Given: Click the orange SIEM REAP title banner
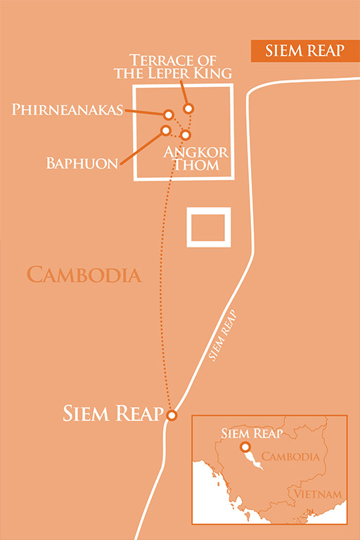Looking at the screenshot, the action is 305,51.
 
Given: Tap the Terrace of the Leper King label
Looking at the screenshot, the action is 173,67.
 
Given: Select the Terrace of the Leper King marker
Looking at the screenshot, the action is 188,108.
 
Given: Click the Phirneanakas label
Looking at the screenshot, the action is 67,110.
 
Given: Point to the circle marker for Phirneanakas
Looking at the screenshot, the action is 169,115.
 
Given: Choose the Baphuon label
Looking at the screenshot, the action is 82,163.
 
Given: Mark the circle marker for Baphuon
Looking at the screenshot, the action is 166,130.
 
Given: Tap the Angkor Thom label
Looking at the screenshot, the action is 196,158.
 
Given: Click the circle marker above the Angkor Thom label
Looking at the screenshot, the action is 186,135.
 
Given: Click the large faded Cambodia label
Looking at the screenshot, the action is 84,275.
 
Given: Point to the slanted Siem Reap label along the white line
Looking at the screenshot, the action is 223,335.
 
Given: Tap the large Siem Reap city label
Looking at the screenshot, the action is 112,413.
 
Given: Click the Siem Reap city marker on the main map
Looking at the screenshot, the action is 172,415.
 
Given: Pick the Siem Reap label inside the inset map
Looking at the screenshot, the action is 252,433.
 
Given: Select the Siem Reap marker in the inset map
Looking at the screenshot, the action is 245,447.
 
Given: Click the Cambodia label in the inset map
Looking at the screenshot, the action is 290,456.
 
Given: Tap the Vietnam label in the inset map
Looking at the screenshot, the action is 318,494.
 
